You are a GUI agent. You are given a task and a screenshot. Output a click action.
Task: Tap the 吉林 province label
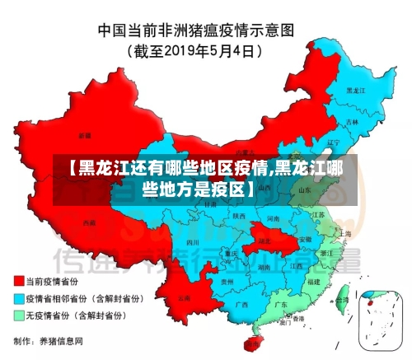353,122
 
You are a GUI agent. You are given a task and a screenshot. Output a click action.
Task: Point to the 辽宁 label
333,142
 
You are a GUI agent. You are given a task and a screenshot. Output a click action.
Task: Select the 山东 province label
304,189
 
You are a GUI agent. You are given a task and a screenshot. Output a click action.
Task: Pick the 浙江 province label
327,252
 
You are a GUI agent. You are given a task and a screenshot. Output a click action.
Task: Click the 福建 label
313,281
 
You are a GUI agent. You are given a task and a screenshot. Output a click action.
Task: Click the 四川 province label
193,243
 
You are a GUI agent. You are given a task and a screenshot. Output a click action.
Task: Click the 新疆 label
84,134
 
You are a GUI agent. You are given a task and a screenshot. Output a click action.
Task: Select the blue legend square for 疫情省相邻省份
18,298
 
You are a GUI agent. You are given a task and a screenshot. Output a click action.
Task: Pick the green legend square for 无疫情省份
18,315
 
